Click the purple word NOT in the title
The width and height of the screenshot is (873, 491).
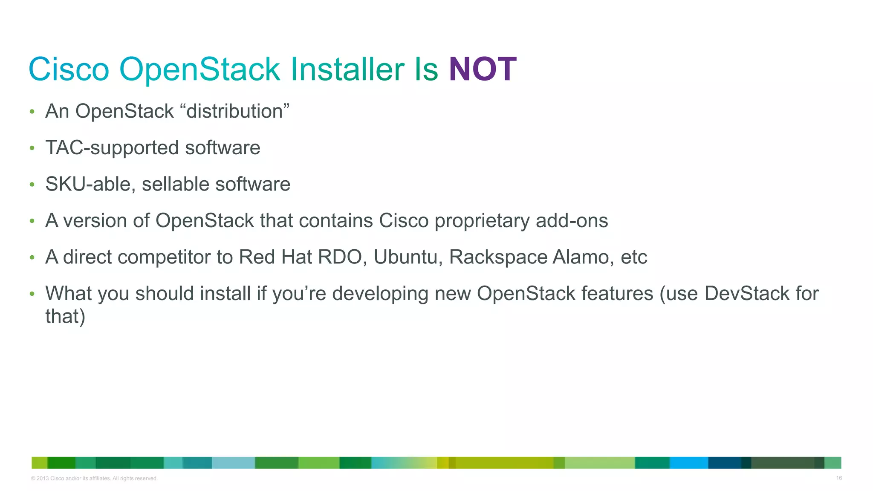pyautogui.click(x=483, y=69)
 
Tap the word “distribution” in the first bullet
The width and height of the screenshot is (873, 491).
pyautogui.click(x=235, y=111)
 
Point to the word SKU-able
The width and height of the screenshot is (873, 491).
pyautogui.click(x=90, y=184)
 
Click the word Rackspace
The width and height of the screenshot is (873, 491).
pyautogui.click(x=498, y=257)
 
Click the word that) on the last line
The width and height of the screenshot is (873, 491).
pyautogui.click(x=65, y=316)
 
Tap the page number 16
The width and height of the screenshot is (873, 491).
pyautogui.click(x=838, y=478)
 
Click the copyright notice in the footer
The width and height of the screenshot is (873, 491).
pyautogui.click(x=94, y=479)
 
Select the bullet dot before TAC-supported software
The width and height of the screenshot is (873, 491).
pyautogui.click(x=32, y=148)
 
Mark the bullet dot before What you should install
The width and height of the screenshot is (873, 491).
pyautogui.click(x=32, y=294)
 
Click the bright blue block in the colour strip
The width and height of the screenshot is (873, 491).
pyautogui.click(x=688, y=463)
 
